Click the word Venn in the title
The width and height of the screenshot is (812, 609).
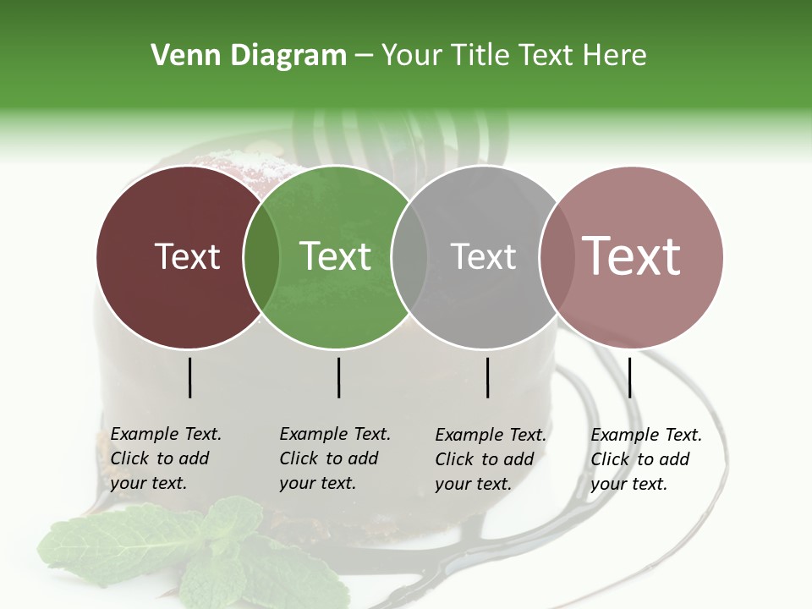[177, 56]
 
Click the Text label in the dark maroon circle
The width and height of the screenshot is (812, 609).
[187, 256]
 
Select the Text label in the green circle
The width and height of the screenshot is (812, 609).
[336, 256]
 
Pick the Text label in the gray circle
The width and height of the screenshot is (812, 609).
[483, 256]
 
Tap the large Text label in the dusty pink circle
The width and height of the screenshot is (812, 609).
[632, 256]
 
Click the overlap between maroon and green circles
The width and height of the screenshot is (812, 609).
[261, 257]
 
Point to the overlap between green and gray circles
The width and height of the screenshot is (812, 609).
[410, 257]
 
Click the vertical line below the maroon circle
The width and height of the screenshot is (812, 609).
[190, 377]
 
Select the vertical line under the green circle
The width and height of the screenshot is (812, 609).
[338, 377]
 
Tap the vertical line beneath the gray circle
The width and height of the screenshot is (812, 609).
[488, 377]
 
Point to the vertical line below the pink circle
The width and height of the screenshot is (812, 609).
[629, 377]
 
